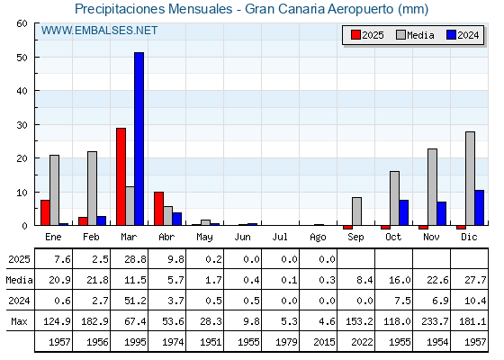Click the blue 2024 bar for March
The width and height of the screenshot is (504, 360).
(x=139, y=139)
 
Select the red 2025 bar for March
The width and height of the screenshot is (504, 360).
(x=121, y=176)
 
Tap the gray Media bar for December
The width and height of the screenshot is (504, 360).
(x=470, y=178)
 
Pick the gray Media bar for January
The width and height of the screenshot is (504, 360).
(x=54, y=190)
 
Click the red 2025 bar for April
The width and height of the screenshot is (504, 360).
(x=158, y=209)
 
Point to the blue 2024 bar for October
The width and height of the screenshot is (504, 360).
(x=404, y=212)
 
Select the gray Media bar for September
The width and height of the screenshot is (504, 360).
(x=356, y=211)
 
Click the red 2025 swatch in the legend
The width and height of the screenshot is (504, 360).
(x=355, y=35)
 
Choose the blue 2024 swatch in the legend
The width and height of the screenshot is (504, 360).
(x=451, y=35)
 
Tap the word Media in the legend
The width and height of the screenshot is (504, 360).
(x=420, y=35)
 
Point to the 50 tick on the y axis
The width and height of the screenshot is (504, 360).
(x=37, y=57)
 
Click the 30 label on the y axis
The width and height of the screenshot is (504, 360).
(x=22, y=125)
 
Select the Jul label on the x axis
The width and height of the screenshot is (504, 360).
(x=280, y=237)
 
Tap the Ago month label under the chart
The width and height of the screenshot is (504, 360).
(x=318, y=238)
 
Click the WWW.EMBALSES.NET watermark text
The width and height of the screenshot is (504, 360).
(x=99, y=31)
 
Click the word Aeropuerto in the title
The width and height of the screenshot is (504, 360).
(x=361, y=9)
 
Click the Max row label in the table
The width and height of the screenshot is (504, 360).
(x=19, y=321)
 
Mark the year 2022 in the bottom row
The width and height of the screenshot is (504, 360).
(x=362, y=342)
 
